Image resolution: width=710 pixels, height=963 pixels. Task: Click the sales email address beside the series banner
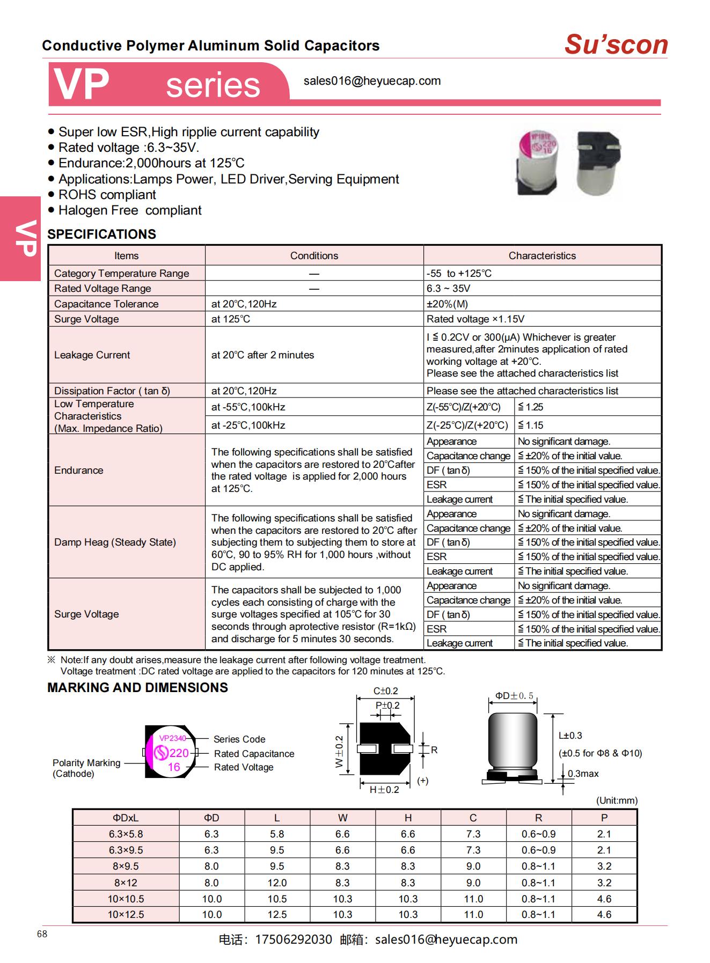pos(372,81)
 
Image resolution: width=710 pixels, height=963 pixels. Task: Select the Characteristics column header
pos(542,256)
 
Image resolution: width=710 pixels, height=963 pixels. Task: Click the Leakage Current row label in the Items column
pos(92,355)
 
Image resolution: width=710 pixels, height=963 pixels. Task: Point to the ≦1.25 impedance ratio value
pos(531,407)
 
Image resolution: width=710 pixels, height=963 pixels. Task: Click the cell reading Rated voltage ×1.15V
pos(475,319)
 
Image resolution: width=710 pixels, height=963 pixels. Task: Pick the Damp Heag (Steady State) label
pos(115,542)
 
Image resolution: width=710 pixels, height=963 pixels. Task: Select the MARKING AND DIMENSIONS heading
pos(137,688)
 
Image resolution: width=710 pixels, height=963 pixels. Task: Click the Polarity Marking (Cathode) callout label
pos(86,768)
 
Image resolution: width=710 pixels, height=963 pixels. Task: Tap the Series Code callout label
pos(239,739)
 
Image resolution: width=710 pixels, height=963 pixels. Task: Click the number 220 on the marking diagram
pos(179,753)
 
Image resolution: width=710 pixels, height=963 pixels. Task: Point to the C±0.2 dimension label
pos(385,691)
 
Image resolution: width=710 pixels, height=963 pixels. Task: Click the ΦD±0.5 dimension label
pos(514,696)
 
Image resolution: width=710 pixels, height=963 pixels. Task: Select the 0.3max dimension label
pos(583,774)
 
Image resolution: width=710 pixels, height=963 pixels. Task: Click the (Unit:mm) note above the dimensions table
pos(617,800)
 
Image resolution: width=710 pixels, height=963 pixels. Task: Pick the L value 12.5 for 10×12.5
pos(277,915)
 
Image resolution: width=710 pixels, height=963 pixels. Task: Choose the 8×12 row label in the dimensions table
pos(126,883)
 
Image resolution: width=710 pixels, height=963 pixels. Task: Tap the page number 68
pos(42,934)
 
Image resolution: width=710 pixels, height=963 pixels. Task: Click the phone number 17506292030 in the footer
pos(293,939)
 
